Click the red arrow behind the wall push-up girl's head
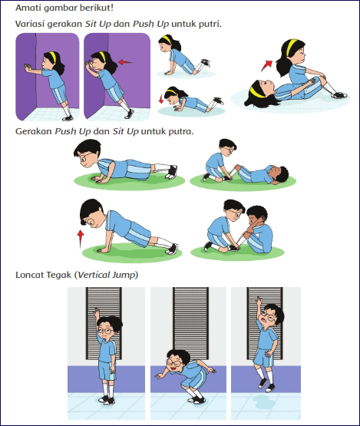125,62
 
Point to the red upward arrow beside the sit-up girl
267,65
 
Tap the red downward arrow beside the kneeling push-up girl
161,99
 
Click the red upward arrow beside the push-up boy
80,239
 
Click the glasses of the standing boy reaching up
105,331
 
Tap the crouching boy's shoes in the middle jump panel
197,400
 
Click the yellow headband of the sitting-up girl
291,48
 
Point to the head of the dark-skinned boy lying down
279,174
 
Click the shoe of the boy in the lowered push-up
172,172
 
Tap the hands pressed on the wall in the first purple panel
28,68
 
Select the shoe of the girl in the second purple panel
129,114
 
